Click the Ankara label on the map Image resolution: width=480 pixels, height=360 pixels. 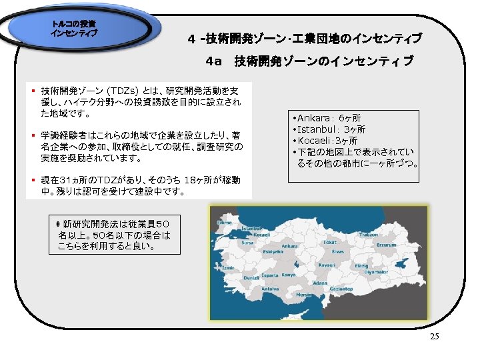[289, 246]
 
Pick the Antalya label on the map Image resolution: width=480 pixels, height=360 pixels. [269, 289]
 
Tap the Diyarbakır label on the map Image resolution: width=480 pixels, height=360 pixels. [375, 271]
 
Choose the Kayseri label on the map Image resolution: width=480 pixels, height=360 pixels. [327, 265]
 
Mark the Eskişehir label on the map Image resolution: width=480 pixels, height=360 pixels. [273, 253]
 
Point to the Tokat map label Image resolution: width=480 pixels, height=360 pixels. [329, 242]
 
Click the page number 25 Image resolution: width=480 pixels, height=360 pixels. [435, 337]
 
